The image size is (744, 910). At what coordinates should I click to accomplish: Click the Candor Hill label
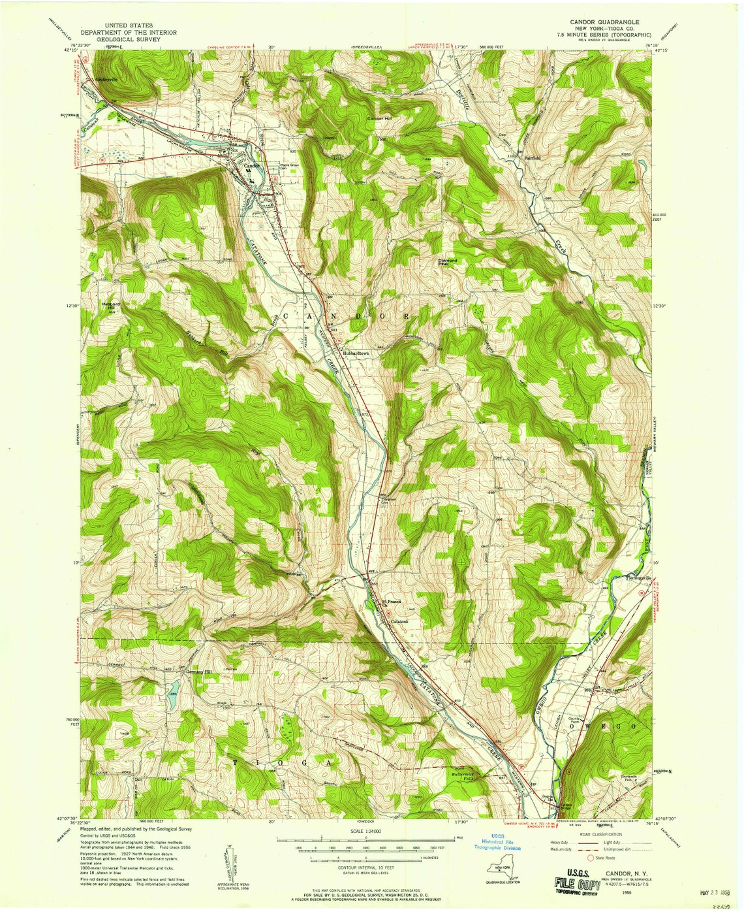[380, 119]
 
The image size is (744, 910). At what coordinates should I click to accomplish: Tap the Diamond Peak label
[448, 262]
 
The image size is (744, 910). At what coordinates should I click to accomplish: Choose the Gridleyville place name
[106, 80]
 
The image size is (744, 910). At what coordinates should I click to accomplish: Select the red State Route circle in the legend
[591, 858]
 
